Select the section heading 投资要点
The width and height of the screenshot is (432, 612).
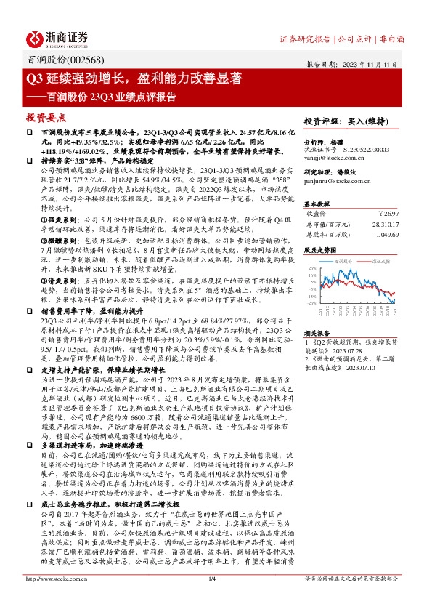coord(44,116)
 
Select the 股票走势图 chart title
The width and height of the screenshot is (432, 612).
coord(320,249)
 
